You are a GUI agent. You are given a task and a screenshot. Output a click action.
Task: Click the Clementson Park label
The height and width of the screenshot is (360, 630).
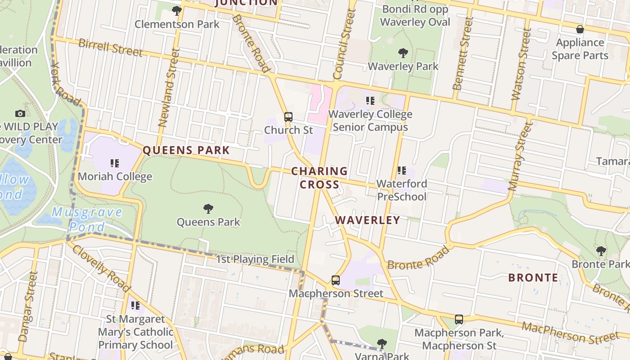coord(177,24)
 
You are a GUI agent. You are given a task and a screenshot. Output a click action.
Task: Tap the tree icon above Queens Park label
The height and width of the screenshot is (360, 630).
coord(208,208)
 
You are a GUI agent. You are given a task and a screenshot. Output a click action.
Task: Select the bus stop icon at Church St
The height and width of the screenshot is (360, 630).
coord(288,117)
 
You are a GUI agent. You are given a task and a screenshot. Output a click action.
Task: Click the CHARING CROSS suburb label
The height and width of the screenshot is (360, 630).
coord(319,178)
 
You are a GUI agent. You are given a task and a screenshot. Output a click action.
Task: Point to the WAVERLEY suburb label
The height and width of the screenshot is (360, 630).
coord(368,220)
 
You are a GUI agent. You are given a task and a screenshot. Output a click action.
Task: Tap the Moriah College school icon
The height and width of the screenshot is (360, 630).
coord(115,163)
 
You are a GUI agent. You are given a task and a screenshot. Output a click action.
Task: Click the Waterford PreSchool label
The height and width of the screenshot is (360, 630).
coord(402,190)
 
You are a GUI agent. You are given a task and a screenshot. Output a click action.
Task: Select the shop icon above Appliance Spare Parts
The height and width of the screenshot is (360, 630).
coord(580,29)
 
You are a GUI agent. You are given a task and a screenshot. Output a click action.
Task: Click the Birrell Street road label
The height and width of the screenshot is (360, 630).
coord(110,47)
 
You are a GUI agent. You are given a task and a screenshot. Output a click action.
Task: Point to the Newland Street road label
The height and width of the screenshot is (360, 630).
coord(169,88)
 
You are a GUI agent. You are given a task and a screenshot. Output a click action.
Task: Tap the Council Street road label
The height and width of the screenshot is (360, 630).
coord(344,44)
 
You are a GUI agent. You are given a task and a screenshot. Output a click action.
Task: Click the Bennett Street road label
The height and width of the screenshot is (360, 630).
coord(463,54)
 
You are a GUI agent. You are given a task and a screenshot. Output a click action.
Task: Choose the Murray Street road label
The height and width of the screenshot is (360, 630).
coord(519,156)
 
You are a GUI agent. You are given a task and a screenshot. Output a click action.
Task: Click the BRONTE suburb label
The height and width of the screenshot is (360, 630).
coord(533,278)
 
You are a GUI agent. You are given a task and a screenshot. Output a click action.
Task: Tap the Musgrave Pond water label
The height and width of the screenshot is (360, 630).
coord(87,219)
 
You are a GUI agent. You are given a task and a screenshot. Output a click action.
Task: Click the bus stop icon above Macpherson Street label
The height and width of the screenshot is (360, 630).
coord(336,280)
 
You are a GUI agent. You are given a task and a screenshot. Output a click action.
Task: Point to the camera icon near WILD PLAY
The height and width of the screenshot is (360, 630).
coord(20,113)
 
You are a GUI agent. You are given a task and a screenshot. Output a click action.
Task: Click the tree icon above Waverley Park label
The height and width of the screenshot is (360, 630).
coord(403,53)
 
